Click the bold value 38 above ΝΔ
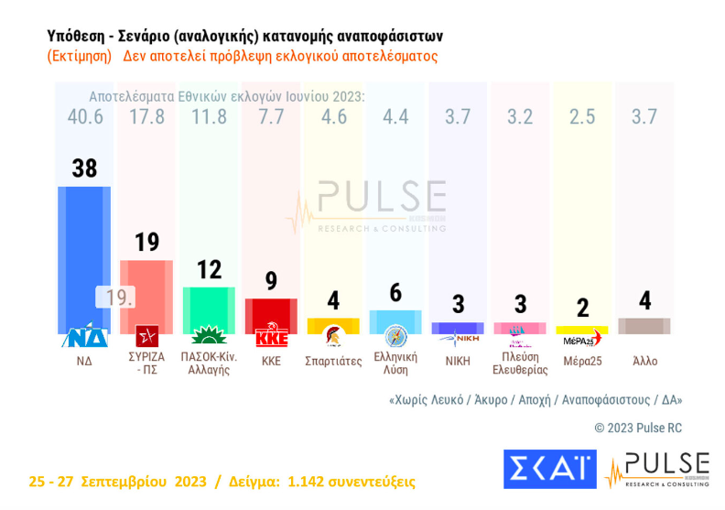point(84,168)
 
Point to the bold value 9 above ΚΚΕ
point(271,281)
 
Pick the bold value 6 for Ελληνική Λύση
point(395,292)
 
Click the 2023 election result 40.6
point(84,117)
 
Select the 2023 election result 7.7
point(271,117)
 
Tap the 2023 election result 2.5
point(581,117)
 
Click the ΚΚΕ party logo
point(272,337)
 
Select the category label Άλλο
point(644,361)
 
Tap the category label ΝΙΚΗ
point(458,361)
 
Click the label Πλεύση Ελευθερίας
point(520,364)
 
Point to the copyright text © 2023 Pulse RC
point(638,428)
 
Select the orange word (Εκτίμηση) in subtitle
point(80,56)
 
